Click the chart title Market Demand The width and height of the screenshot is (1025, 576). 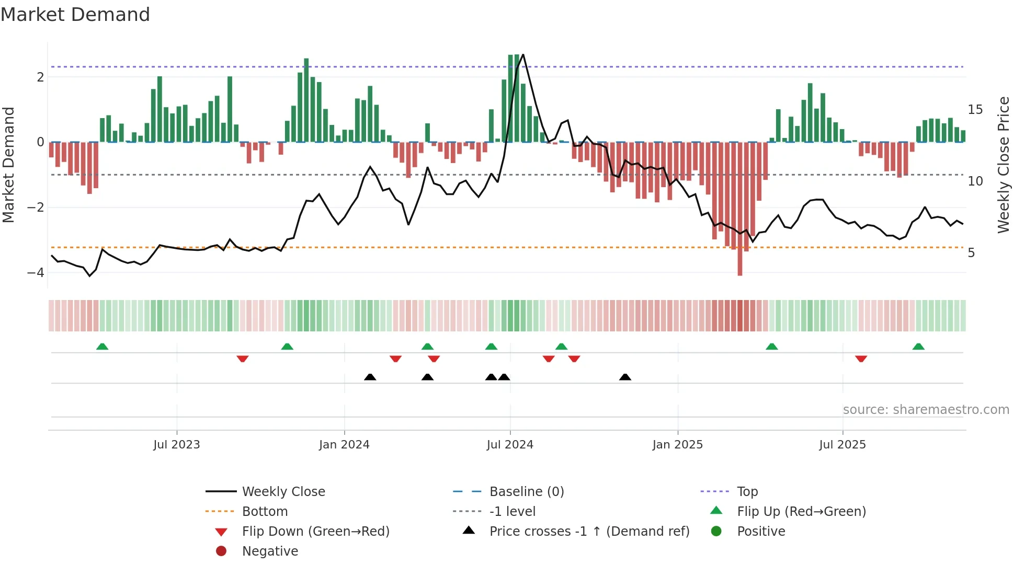pos(75,15)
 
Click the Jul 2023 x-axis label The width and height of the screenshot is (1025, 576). pos(176,445)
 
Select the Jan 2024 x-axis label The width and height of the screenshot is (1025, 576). pos(344,445)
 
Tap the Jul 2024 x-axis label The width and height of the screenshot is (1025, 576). pos(510,445)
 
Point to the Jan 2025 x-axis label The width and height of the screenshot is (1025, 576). pos(678,445)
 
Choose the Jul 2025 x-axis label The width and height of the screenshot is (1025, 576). pos(842,445)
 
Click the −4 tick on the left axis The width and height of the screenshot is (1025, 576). pos(36,273)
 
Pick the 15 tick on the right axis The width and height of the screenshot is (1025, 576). pos(975,110)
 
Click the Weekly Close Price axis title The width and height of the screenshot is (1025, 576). pos(1004,165)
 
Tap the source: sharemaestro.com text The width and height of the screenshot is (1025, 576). pos(926,410)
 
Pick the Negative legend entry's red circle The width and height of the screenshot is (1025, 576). pos(221,551)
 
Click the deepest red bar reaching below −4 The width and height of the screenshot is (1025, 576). pos(740,261)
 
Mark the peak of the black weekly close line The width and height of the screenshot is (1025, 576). pos(523,55)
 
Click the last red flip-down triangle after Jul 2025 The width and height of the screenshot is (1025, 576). pos(861,359)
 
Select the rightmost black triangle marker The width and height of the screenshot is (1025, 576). pos(625,377)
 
